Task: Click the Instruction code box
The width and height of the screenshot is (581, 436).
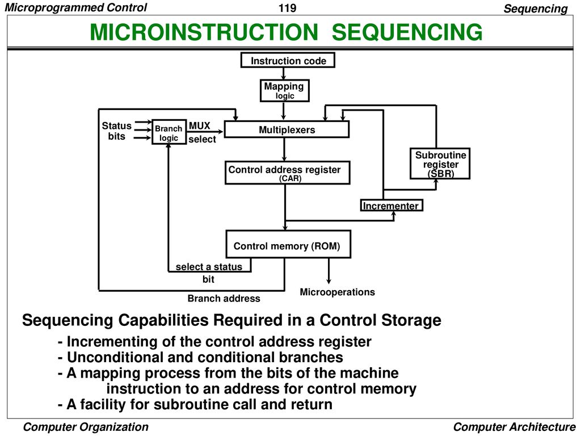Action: point(288,60)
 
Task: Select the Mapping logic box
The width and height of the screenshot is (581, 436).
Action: point(285,90)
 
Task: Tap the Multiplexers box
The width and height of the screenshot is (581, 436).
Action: point(287,129)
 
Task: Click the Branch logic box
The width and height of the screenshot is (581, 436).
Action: point(169,132)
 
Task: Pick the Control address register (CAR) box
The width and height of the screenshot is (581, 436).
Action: point(288,173)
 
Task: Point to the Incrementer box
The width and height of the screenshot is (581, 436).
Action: point(391,206)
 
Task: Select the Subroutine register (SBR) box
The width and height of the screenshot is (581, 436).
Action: point(440,163)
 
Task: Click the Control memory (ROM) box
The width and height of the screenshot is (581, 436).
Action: point(288,244)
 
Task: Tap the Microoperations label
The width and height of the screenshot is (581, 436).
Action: point(337,292)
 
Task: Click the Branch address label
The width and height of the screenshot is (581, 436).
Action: point(224,299)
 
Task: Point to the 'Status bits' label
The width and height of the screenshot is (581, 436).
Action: point(117,131)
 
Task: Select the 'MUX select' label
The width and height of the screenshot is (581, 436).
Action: point(202,132)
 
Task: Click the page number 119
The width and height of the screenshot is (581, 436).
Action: point(287,8)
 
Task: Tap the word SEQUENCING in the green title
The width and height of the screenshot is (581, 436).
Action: point(407,32)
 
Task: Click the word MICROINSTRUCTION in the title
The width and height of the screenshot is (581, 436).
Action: point(204,32)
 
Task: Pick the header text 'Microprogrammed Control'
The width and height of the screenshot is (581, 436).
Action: point(75,7)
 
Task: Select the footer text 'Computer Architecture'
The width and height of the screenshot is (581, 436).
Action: point(514,427)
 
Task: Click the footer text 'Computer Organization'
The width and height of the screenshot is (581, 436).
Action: point(86,427)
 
